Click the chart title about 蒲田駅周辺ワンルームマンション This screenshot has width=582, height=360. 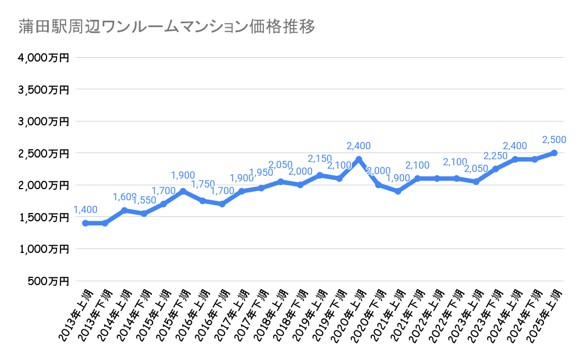(x=167, y=27)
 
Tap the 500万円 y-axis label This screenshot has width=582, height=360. (x=48, y=281)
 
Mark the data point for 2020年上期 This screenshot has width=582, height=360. (x=359, y=159)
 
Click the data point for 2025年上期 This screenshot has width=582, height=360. (x=554, y=153)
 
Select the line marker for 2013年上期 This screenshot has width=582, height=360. (x=85, y=223)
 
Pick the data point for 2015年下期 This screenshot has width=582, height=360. (x=183, y=191)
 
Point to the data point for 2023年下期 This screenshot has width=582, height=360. (x=496, y=169)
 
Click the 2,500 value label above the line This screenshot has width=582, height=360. (x=554, y=140)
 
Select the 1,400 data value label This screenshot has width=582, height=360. (x=85, y=210)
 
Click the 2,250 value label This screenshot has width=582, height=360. (x=496, y=156)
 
